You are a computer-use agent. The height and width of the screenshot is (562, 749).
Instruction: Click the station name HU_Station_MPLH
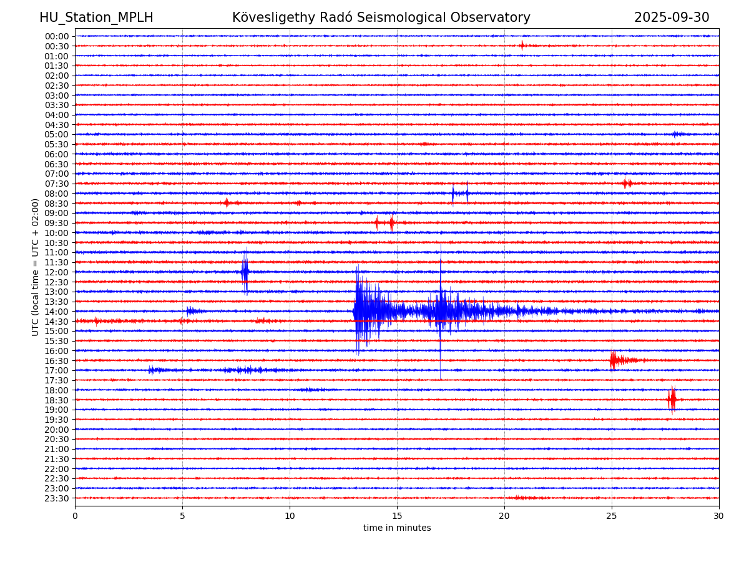point(96,17)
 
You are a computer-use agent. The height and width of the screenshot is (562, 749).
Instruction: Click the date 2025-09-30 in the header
point(672,17)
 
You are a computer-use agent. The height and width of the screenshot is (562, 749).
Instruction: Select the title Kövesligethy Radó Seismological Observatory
point(381,17)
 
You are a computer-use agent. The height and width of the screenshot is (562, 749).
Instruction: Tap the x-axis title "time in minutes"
point(397,528)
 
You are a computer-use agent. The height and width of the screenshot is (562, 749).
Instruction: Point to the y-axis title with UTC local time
point(36,267)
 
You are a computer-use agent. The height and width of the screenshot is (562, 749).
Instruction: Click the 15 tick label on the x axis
point(397,516)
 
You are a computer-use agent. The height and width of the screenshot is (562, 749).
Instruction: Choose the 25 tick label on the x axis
point(612,516)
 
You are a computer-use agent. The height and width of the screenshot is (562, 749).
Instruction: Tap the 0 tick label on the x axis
point(75,516)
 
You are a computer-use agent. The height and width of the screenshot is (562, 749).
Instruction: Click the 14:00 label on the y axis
point(57,312)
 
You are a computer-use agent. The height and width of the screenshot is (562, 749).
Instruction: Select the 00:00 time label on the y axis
point(57,36)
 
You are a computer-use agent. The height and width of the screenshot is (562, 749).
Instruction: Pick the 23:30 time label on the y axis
point(57,498)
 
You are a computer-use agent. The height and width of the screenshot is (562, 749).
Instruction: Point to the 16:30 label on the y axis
point(57,361)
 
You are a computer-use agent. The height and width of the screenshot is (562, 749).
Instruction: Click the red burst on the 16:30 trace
point(615,360)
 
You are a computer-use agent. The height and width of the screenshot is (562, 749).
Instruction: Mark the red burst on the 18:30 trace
point(672,399)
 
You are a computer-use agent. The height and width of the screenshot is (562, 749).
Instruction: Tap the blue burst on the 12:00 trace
point(245,272)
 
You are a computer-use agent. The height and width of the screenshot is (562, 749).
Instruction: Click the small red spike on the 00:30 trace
point(522,45)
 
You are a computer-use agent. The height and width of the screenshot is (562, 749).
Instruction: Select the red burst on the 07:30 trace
point(627,183)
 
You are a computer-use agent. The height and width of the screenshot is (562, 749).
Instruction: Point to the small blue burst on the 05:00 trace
point(677,134)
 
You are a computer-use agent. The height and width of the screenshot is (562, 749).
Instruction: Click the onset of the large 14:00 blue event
point(355,311)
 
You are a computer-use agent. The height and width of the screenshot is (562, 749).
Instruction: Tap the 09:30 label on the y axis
point(57,223)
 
